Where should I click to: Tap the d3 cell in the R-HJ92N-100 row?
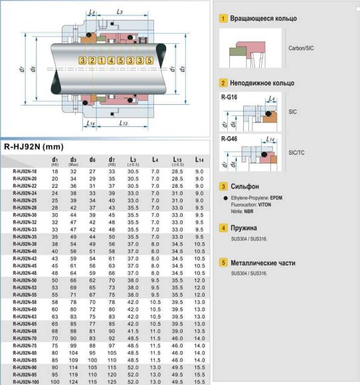(73, 382)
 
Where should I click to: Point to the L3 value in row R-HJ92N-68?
(133, 331)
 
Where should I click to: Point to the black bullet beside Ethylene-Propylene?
(226, 198)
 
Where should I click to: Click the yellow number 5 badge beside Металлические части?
(224, 262)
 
